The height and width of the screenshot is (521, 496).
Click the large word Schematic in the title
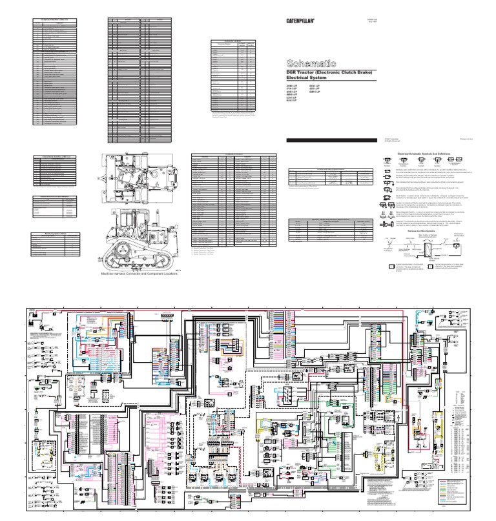(311, 63)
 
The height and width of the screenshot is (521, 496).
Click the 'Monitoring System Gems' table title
(56, 220)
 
